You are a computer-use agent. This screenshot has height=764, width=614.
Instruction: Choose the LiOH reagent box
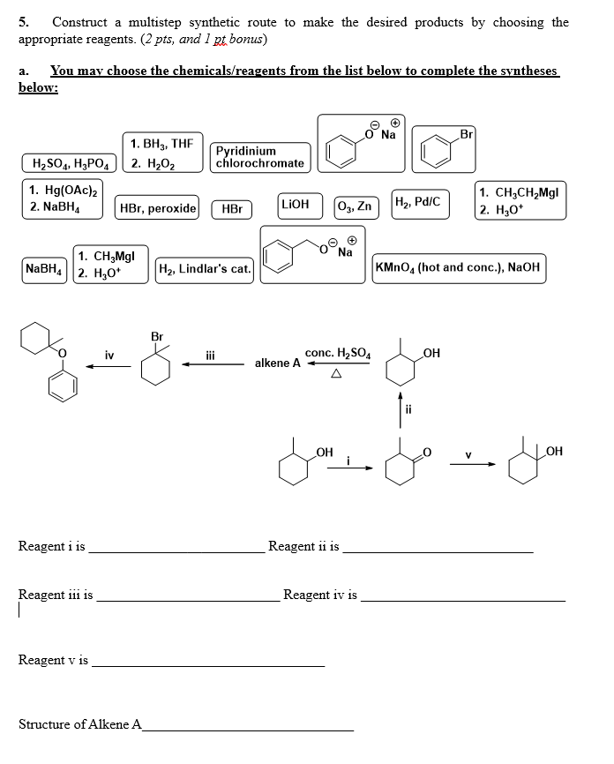click(295, 204)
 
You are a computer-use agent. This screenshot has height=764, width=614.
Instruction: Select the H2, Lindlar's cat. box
click(205, 268)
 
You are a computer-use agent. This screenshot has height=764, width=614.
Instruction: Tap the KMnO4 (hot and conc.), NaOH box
click(459, 267)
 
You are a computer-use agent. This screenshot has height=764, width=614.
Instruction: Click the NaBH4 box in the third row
click(42, 267)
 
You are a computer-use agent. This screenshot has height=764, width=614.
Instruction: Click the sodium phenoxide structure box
click(360, 143)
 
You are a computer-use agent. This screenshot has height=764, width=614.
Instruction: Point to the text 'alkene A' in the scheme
click(277, 363)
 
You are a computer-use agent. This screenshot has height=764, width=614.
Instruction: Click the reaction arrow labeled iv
click(108, 370)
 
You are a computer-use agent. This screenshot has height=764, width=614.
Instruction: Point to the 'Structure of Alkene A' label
click(79, 724)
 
